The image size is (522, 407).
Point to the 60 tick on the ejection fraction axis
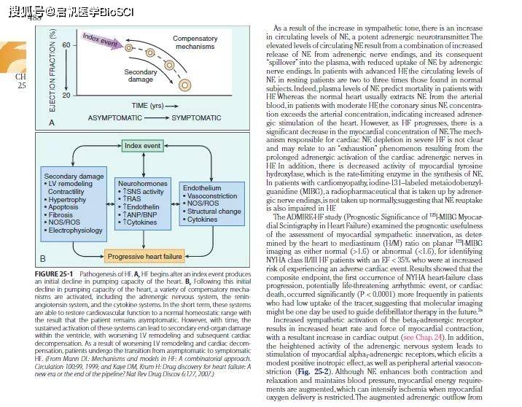pyautogui.click(x=66, y=44)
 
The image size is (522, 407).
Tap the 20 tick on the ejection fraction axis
pyautogui.click(x=66, y=95)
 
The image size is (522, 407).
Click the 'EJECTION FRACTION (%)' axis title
pyautogui.click(x=52, y=69)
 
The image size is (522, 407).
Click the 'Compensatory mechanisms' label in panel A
pyautogui.click(x=195, y=43)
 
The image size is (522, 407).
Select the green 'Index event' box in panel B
pyautogui.click(x=142, y=146)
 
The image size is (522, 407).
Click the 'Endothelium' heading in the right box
pyautogui.click(x=200, y=188)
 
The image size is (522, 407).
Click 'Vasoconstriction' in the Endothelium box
pyautogui.click(x=212, y=196)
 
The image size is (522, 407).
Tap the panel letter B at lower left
pyautogui.click(x=42, y=258)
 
